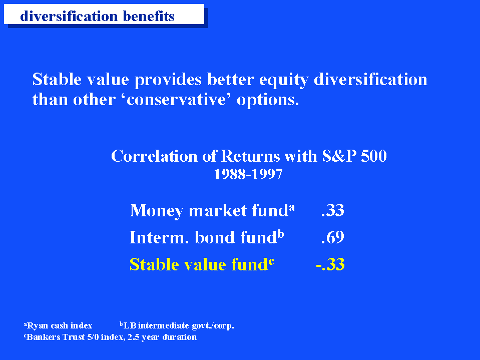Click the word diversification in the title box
69,16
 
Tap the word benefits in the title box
149,16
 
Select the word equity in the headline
284,80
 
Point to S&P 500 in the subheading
354,156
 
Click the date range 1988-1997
248,174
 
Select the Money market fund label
212,210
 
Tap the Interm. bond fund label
207,237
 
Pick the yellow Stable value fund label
201,264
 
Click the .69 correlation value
333,237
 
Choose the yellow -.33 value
330,264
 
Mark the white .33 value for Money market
333,210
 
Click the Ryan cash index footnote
58,325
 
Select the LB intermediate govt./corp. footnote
177,325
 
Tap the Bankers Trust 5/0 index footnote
110,337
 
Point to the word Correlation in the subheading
154,156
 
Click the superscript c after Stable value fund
271,261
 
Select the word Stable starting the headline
57,79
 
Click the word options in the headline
268,100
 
